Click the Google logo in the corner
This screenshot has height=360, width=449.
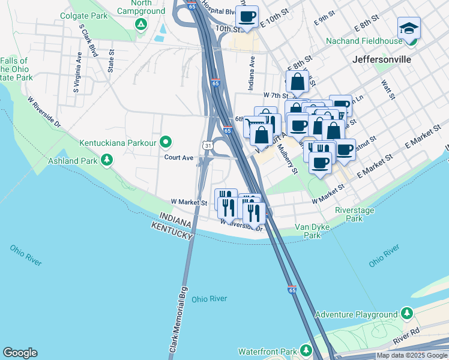(x=20, y=353)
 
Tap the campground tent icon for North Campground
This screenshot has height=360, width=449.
(x=140, y=25)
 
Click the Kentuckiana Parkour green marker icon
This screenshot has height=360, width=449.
(x=166, y=143)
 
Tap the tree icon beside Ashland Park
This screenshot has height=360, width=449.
(x=107, y=160)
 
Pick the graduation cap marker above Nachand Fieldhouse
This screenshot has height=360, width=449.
(x=409, y=28)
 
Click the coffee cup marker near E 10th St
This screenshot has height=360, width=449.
(x=247, y=16)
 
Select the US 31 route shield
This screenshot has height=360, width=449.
(x=206, y=146)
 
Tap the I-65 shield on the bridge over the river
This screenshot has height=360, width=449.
(x=292, y=290)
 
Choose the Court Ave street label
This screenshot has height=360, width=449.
(x=179, y=158)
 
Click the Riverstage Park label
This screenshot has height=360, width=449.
(x=354, y=214)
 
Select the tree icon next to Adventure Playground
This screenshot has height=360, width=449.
(x=407, y=314)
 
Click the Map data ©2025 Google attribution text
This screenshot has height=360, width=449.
(x=412, y=355)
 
